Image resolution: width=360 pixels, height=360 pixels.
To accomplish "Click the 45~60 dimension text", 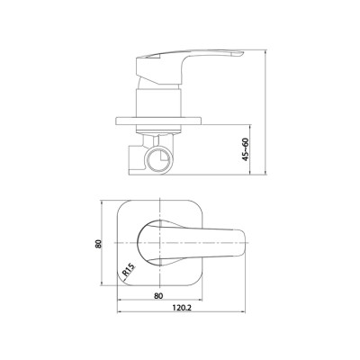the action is coord(246,149).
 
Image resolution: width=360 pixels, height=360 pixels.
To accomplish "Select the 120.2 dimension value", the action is coord(181,308).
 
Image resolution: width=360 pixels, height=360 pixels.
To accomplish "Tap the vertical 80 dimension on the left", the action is coord(98,243).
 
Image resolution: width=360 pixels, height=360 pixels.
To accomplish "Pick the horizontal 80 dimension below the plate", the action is coord(158,295).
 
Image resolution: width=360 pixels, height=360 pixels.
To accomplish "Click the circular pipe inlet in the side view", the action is coord(158,159).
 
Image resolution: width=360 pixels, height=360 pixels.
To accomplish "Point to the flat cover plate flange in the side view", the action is coord(158,121).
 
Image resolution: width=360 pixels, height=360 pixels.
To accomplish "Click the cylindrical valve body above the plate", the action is coord(158,102).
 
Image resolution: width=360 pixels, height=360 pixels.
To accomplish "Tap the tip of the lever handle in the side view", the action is coord(242,54).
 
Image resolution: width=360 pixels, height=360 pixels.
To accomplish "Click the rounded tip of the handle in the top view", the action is coord(246,242).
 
